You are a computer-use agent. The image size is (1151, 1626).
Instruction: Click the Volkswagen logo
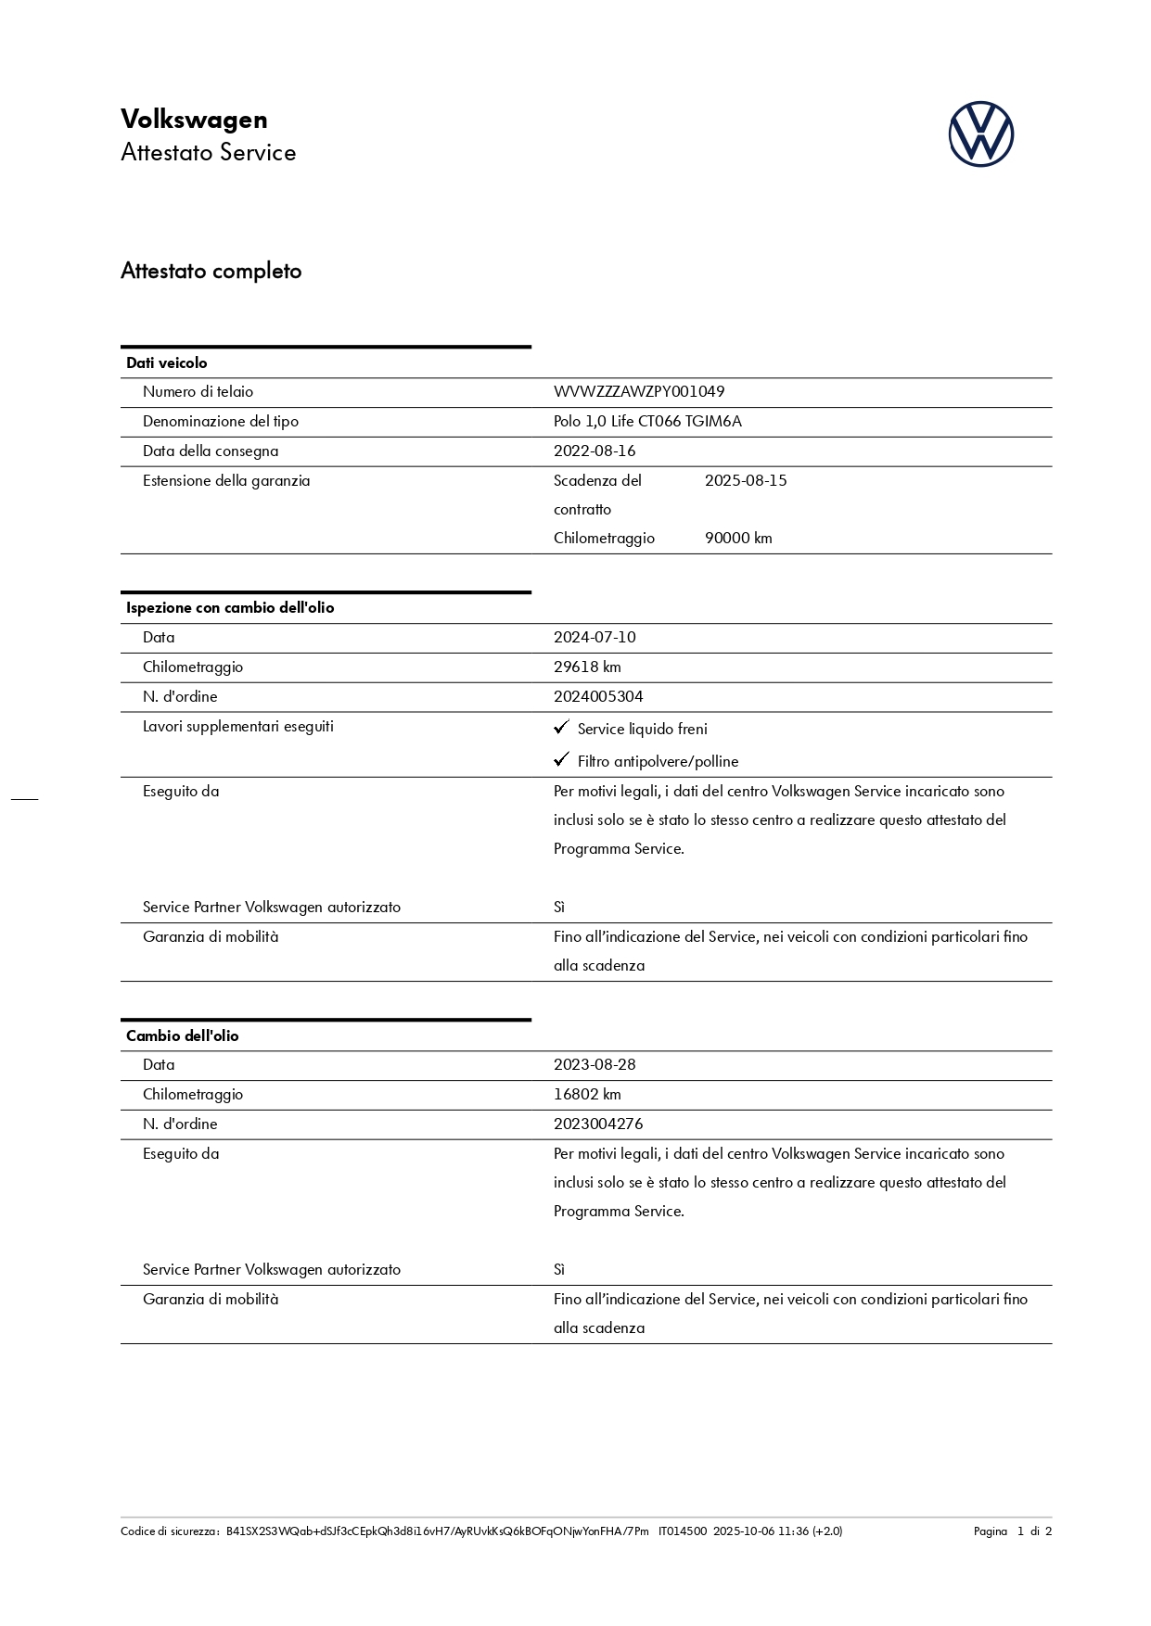click(980, 134)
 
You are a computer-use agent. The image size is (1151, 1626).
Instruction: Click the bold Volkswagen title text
click(194, 120)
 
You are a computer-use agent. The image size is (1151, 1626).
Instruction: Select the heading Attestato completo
click(211, 271)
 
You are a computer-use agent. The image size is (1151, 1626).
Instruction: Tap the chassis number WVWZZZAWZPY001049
click(639, 392)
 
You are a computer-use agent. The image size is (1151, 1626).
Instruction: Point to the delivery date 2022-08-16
click(595, 451)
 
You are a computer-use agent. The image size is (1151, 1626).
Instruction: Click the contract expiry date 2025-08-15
click(746, 480)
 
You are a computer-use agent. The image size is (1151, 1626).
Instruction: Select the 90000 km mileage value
click(738, 538)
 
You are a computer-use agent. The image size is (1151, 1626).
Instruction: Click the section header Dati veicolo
click(167, 362)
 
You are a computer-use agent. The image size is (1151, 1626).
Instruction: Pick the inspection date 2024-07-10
click(595, 637)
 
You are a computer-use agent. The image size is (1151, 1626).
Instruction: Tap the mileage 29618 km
click(587, 667)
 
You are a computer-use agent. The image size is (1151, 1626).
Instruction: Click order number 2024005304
click(598, 696)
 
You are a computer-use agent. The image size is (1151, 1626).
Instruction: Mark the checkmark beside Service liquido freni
click(561, 728)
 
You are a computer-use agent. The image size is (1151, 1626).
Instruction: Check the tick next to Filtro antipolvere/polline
click(561, 760)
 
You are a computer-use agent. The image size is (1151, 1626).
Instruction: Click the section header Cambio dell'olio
click(183, 1035)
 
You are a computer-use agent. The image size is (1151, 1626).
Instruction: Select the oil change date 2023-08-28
click(595, 1064)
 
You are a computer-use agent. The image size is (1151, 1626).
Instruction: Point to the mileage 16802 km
click(587, 1094)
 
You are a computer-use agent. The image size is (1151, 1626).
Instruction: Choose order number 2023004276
click(598, 1124)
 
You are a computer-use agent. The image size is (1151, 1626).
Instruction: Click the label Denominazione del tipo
click(221, 422)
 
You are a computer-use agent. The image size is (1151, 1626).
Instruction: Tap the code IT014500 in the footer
click(683, 1531)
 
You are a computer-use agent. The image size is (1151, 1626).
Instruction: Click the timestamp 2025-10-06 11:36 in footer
click(761, 1531)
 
